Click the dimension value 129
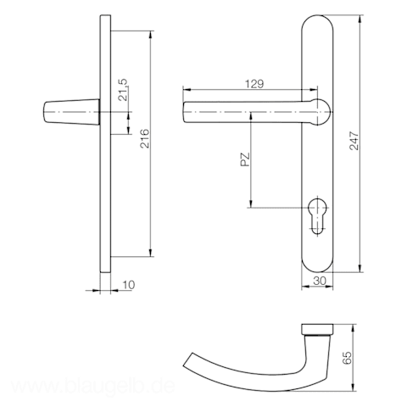click(254, 84)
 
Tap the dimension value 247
click(354, 141)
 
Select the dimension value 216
click(145, 138)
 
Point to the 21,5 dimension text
click(123, 90)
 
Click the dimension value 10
click(129, 285)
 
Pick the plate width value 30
click(320, 281)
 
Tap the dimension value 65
click(347, 358)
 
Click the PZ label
click(245, 159)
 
